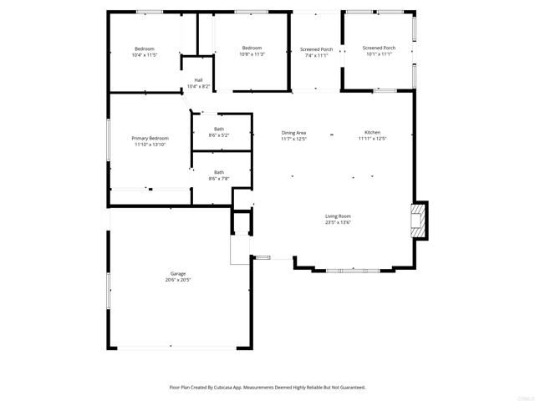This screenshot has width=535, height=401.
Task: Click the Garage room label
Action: pos(178,273)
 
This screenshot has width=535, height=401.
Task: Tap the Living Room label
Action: pos(338,216)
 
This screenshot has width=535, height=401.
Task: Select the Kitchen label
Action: pos(372,133)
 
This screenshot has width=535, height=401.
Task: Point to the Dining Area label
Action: pos(293,133)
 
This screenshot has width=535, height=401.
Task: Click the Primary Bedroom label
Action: pos(150,138)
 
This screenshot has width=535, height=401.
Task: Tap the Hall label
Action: pos(198,80)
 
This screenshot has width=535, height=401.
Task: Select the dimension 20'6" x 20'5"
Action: pos(178,280)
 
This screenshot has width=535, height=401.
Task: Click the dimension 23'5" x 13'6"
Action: pos(338,223)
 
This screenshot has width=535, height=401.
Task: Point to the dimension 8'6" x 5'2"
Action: pos(218,135)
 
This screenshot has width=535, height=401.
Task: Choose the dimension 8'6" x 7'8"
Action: pos(218,179)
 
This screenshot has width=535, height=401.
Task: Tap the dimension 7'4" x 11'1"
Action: pos(317,55)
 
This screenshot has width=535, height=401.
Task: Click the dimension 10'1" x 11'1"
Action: pos(380,54)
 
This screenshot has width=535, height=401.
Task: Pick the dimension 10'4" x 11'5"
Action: pos(144,55)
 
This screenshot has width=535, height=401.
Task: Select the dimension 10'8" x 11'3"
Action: pos(252,54)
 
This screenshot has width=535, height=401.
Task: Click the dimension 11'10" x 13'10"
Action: pos(150,145)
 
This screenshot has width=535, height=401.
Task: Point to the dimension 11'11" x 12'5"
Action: pos(372,140)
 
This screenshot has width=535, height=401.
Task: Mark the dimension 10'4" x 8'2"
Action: pos(198,86)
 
